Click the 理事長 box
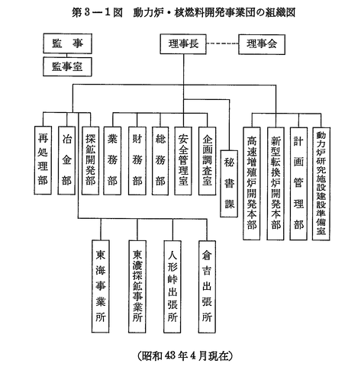(x=183, y=44)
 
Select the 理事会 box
(x=262, y=44)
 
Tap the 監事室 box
(x=67, y=66)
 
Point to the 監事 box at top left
(x=67, y=43)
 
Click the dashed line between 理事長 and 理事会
(x=222, y=43)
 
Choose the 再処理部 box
(x=43, y=160)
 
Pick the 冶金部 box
(x=66, y=160)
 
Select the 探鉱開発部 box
(x=90, y=160)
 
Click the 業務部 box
(x=112, y=161)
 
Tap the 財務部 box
(x=137, y=161)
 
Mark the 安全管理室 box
(x=183, y=161)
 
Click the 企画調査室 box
(x=207, y=161)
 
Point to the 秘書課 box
(x=229, y=184)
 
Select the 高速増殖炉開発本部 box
(x=252, y=184)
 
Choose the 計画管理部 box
(x=298, y=184)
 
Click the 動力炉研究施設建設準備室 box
(x=321, y=184)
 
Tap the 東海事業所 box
(x=101, y=287)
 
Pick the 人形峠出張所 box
(x=172, y=287)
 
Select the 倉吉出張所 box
(x=207, y=287)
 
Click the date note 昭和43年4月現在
(x=185, y=355)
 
